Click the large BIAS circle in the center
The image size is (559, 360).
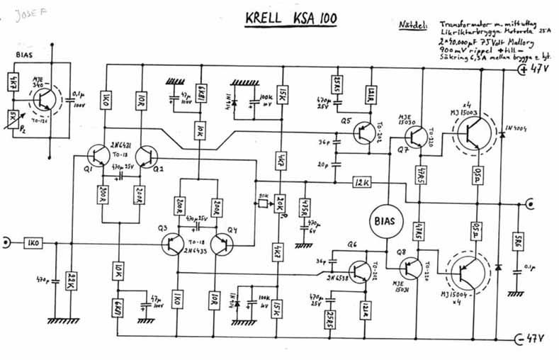386,221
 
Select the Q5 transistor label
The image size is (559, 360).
346,121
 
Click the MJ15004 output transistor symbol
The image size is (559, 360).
468,269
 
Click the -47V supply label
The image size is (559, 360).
536,339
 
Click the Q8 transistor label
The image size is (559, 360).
403,252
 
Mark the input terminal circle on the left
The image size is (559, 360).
6,243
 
